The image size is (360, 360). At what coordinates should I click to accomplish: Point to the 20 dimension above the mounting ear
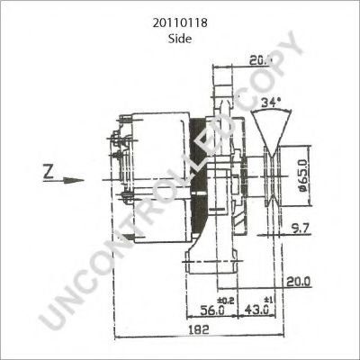[257, 61]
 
